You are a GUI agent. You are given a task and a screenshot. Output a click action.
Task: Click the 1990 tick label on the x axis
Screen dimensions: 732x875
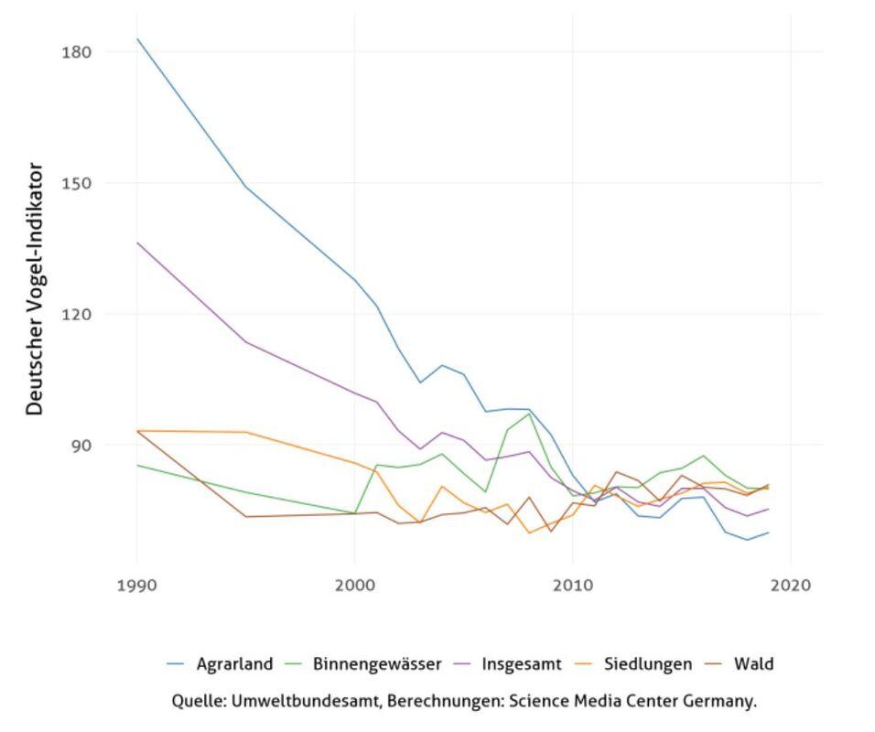pos(136,585)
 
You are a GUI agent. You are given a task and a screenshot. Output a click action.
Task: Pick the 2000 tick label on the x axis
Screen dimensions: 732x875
pos(354,585)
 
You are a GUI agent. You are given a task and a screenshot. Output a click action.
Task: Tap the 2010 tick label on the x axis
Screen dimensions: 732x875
pos(572,585)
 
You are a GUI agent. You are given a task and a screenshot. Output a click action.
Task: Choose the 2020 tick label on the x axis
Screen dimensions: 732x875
pos(790,585)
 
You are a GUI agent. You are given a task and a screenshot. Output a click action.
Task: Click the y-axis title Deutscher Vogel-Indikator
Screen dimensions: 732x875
pos(35,289)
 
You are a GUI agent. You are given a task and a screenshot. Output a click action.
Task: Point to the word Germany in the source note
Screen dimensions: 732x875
pos(722,702)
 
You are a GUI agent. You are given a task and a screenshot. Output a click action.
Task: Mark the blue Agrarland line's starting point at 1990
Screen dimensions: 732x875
pos(137,39)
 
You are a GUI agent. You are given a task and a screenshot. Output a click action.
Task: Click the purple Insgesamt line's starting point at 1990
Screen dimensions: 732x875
pos(137,242)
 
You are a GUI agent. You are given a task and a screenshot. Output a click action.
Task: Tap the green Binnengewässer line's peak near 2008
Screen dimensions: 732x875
pos(529,414)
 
